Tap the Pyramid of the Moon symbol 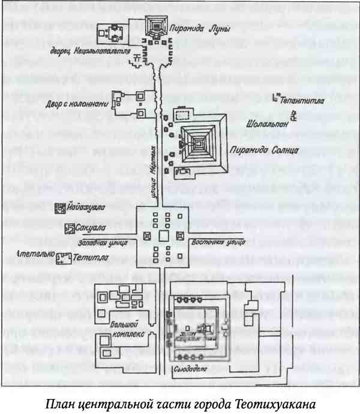(x=158, y=25)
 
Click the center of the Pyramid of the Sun (x=196, y=142)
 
